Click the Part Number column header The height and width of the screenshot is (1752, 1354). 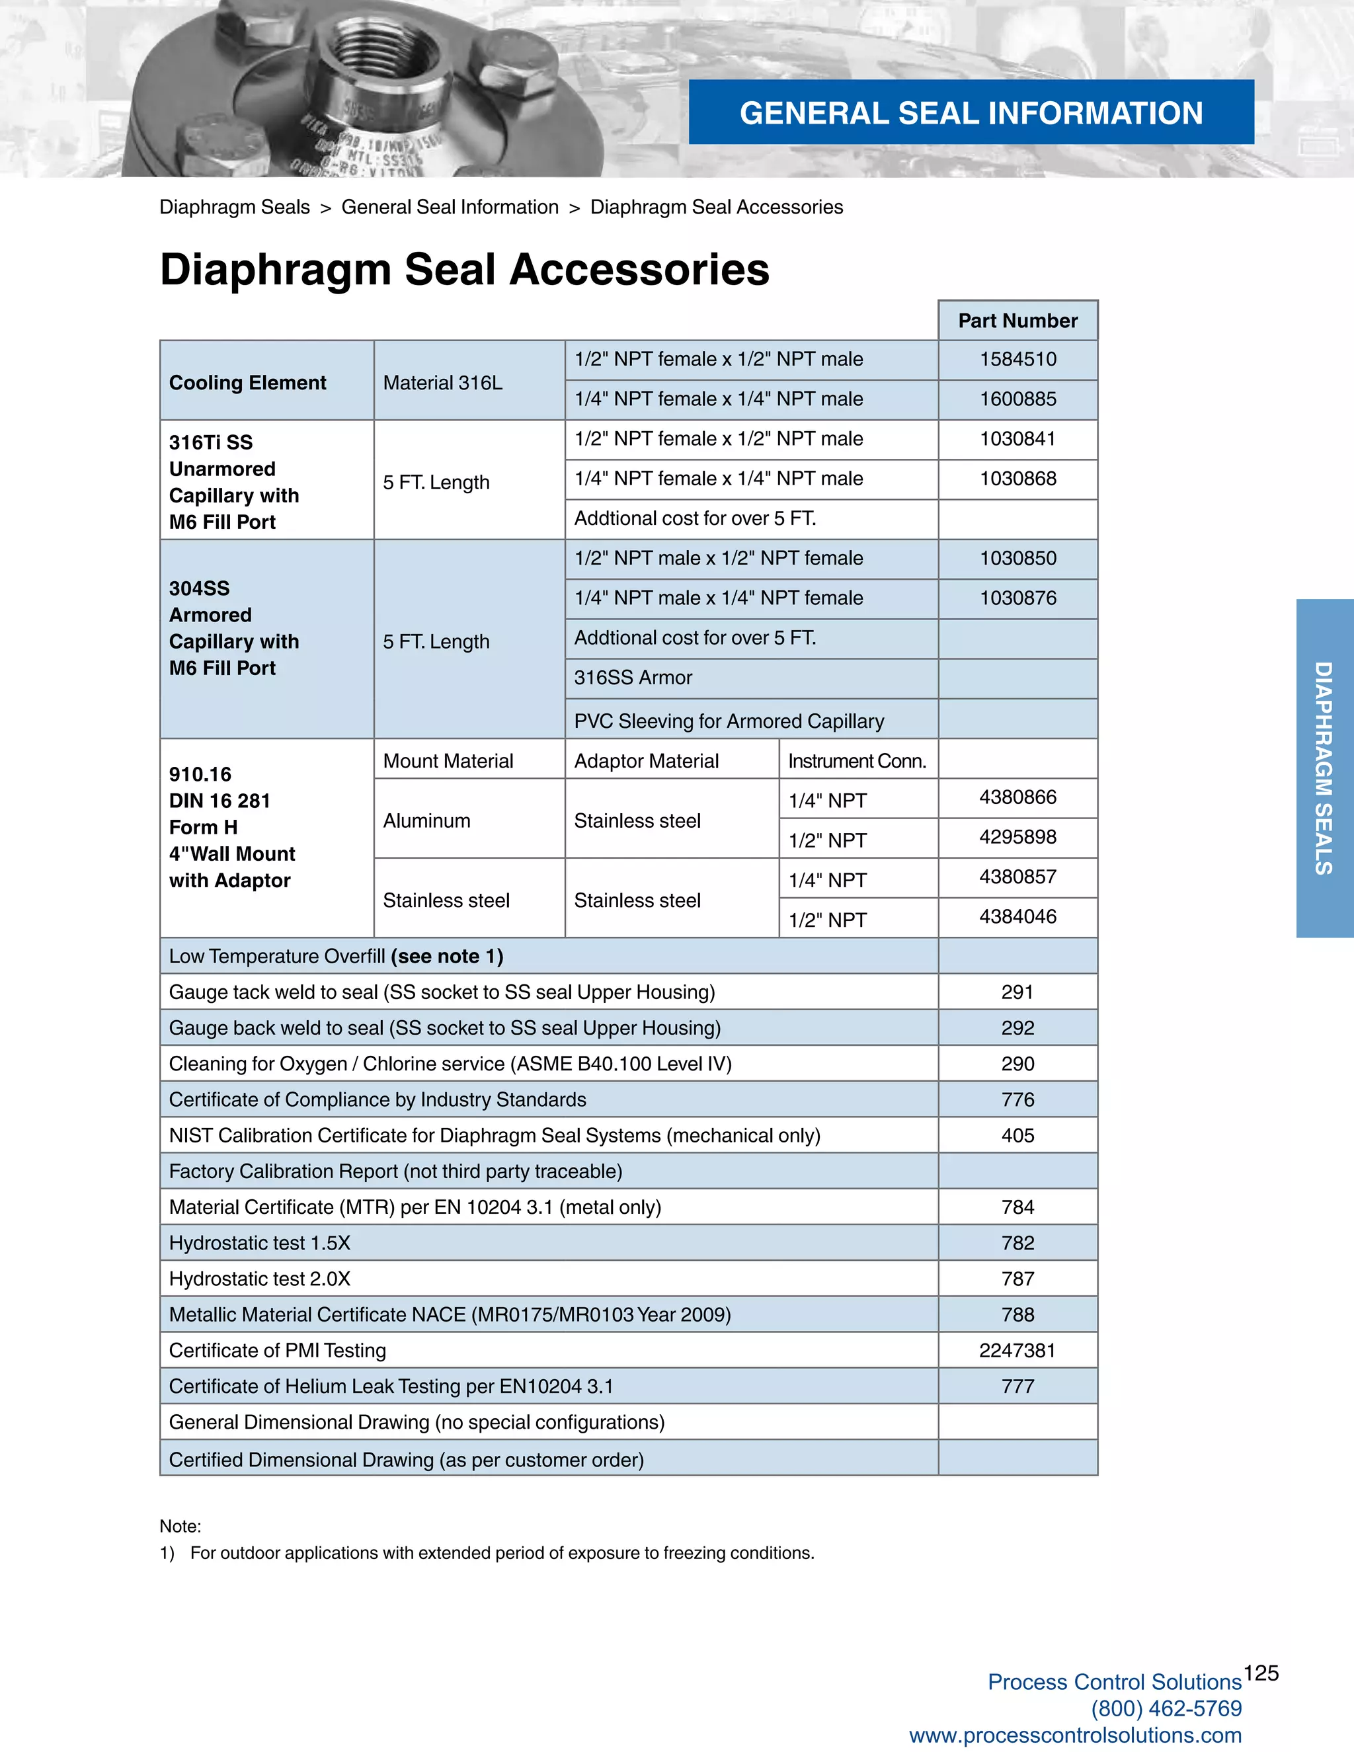(x=1017, y=321)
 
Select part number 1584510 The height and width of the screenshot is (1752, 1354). (x=1017, y=360)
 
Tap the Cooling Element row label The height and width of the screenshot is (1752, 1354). (x=247, y=383)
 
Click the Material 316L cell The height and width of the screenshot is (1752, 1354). (x=443, y=383)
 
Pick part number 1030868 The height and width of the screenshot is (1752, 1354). (x=1017, y=479)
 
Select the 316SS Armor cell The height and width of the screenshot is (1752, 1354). (x=633, y=678)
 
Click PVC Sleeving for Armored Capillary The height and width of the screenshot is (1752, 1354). (x=729, y=721)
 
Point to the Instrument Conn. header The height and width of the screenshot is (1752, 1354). (x=857, y=761)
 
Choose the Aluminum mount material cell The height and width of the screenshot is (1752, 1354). (x=426, y=820)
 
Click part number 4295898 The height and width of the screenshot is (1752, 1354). (x=1017, y=838)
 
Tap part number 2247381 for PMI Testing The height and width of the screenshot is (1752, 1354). (x=1017, y=1351)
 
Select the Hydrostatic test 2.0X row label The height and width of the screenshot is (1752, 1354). (x=260, y=1279)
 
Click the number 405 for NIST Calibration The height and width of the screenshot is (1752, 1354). (x=1017, y=1136)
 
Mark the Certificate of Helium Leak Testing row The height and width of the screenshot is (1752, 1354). (x=391, y=1387)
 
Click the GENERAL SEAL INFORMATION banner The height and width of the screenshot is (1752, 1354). (x=971, y=113)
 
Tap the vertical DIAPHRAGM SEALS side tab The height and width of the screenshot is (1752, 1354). (x=1324, y=768)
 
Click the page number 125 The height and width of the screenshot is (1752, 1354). (x=1261, y=1673)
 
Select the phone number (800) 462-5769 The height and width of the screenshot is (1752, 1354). (x=1166, y=1708)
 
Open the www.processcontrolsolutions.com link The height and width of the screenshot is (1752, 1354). (x=1075, y=1735)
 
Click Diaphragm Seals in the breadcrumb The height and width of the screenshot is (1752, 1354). (x=234, y=207)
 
